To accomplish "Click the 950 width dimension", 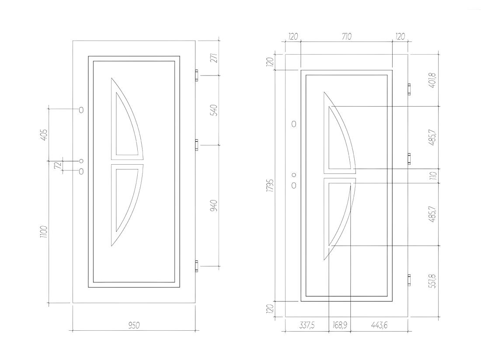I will click(x=134, y=325).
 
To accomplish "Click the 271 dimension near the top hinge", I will click(x=214, y=58).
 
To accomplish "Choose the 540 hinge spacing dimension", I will click(x=214, y=110).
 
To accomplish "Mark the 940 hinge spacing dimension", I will click(x=214, y=205).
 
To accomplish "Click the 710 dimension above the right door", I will click(x=346, y=36).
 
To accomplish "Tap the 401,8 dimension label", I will click(x=433, y=80).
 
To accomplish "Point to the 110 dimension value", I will click(x=433, y=176).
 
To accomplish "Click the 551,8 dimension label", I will click(x=433, y=281).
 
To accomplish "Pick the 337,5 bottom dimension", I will click(x=306, y=325).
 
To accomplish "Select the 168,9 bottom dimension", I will click(x=339, y=325).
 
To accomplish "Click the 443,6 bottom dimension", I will click(x=379, y=325).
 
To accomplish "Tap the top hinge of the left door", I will click(x=196, y=75).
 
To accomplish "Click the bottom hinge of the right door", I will click(x=409, y=280).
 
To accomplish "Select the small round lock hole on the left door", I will click(x=81, y=161).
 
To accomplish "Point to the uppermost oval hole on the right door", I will click(x=294, y=124).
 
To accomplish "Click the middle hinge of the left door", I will click(x=196, y=145).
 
